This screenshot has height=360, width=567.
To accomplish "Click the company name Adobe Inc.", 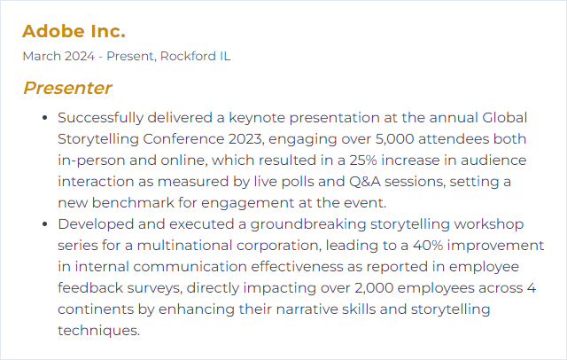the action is tap(74, 31).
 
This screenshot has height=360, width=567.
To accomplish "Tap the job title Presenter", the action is tap(67, 88).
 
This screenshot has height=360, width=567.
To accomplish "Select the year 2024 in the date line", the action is tap(80, 57).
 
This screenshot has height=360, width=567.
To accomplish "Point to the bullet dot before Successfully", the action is tap(45, 118).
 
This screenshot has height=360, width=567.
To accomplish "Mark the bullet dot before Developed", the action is tap(45, 224).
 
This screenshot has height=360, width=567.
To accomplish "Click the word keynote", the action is tap(257, 118).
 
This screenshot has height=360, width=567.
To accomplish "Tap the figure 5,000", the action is tap(394, 139).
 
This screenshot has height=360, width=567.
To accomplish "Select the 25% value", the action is tap(363, 160).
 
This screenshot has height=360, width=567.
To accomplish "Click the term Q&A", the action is tap(364, 182).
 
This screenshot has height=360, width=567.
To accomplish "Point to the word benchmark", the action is tap(133, 203).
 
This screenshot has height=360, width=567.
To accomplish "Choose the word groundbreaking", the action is tap(308, 224).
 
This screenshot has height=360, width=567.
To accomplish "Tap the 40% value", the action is tap(428, 246).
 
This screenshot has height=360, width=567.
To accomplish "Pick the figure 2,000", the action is tap(374, 288).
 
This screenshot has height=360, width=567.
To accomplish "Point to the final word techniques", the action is tap(98, 331).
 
